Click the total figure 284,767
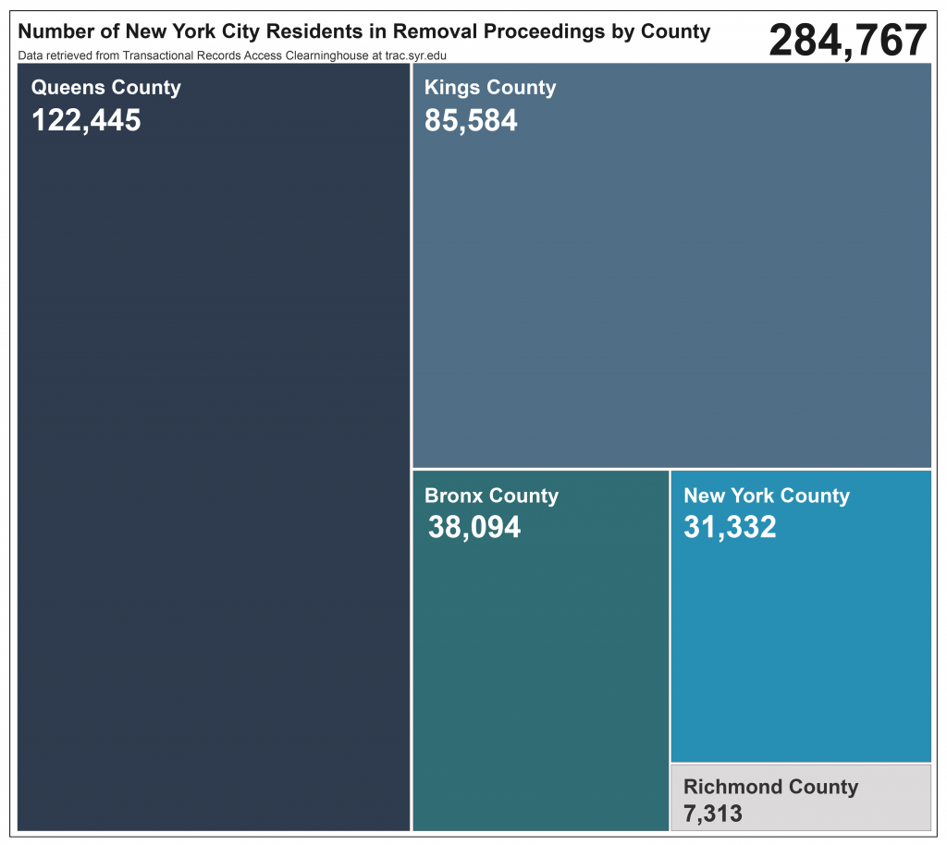pos(847,41)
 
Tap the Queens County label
pos(105,88)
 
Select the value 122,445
pos(86,120)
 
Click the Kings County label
pos(490,88)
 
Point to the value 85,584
pos(471,120)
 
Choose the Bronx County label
pos(491,496)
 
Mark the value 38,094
pos(474,527)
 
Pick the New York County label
pos(766,496)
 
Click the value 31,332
pos(730,527)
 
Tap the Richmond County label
pos(770,787)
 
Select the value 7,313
pos(713,814)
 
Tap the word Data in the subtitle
pos(30,55)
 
